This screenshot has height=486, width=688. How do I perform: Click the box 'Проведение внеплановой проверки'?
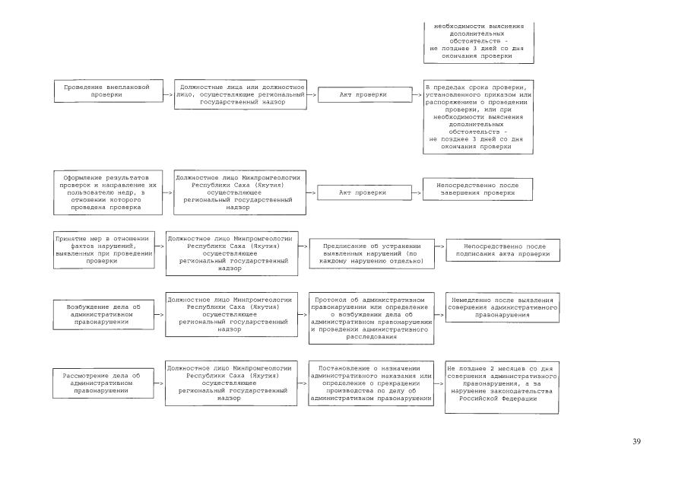[107, 91]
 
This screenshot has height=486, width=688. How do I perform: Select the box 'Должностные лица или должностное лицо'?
[241, 95]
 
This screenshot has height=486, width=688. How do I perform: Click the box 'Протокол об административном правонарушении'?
[372, 317]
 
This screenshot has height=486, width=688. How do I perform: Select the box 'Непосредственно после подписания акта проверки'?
[502, 250]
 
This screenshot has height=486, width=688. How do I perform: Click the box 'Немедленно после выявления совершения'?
[502, 306]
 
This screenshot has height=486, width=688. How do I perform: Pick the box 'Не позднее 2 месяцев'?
[502, 388]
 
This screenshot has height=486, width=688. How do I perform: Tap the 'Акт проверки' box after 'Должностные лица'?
[363, 94]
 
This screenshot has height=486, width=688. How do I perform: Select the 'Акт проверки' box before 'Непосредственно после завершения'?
[363, 192]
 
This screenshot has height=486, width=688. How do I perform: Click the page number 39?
[636, 442]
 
